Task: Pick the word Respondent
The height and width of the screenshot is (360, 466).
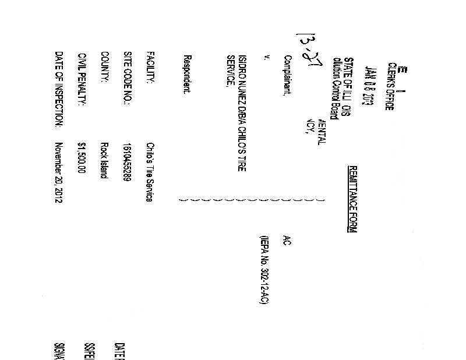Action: click(187, 76)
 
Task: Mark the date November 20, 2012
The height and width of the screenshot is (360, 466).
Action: click(59, 172)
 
